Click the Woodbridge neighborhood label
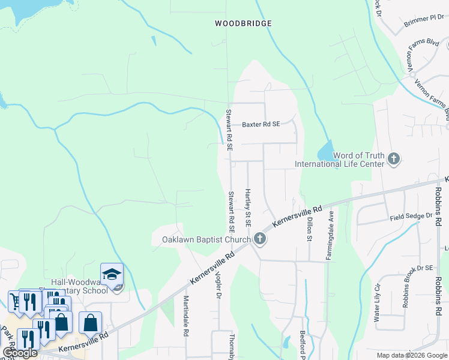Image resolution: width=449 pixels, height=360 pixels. coord(243,23)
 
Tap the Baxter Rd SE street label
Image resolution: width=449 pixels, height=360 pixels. coord(261,125)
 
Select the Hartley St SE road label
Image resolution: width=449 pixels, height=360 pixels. coord(247,208)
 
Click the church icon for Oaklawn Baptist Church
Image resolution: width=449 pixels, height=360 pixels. coord(260,239)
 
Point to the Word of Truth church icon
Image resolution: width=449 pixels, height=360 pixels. coord(394,159)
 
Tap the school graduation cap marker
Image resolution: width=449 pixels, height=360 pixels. coord(112,274)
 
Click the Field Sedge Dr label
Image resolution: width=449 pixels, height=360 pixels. coord(411,216)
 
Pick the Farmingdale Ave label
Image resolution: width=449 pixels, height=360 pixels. coord(330,235)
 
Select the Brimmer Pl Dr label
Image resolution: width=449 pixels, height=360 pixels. coord(425,19)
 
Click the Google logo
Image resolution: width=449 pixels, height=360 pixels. coord(20,353)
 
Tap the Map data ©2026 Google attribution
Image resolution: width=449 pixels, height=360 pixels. coord(412,355)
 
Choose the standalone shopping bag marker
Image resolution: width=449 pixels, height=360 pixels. coord(90,323)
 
